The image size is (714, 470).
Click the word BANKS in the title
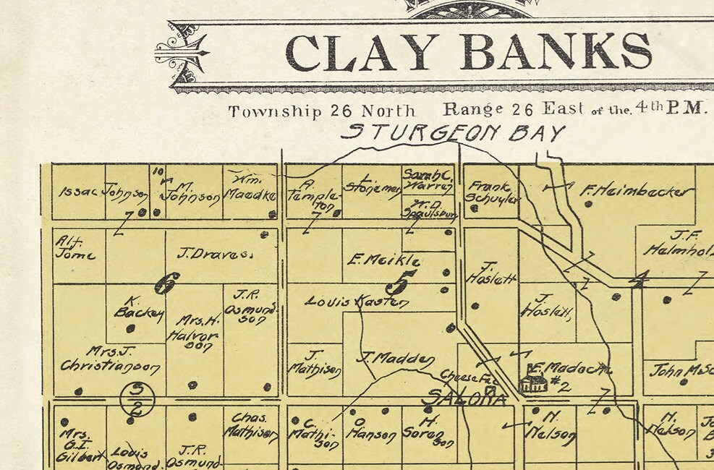556,52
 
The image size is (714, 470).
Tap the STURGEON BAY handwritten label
452,133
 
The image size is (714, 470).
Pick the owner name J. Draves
214,254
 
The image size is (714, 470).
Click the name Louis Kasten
357,302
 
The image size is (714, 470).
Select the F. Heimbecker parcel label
637,192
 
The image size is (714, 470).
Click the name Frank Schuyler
492,192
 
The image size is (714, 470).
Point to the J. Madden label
396,358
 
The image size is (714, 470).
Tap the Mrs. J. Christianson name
110,359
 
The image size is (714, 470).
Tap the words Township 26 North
322,111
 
